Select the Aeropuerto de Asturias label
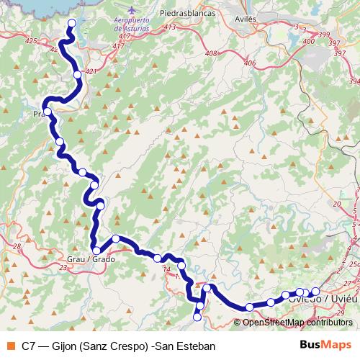[132, 24]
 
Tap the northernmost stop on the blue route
[71, 23]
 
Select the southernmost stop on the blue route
[197, 317]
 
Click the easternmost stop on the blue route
[315, 292]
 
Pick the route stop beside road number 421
[77, 74]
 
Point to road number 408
[211, 53]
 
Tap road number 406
[250, 63]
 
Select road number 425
[31, 41]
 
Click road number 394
[354, 81]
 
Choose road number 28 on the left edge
[16, 246]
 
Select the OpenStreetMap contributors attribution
[298, 322]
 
